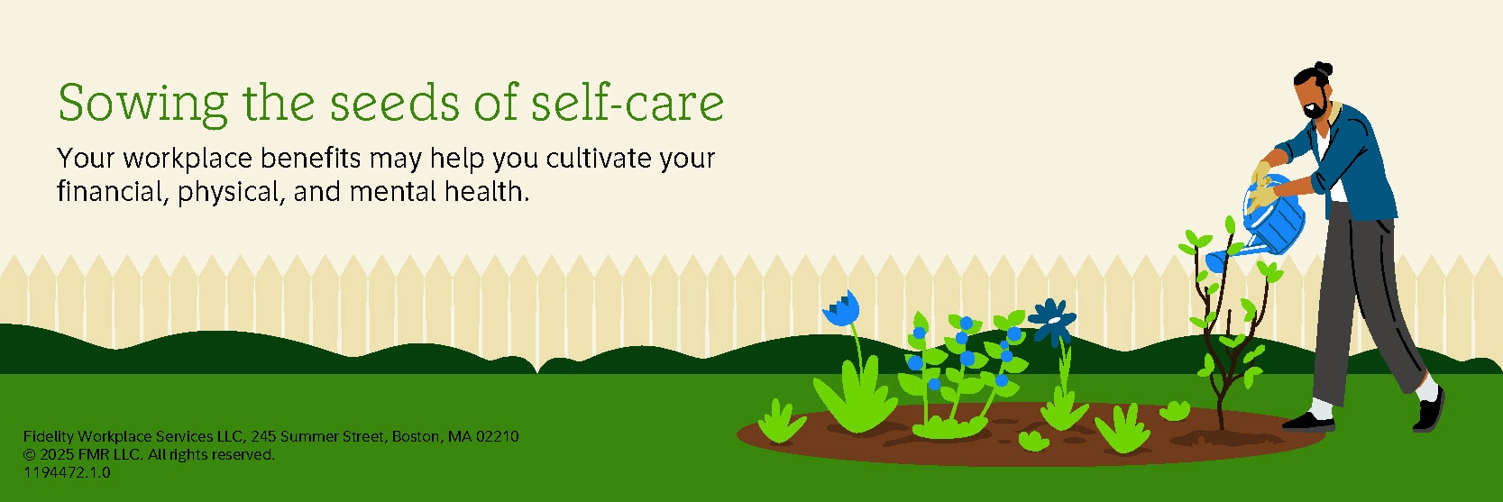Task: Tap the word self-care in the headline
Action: (x=628, y=102)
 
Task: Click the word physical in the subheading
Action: (x=228, y=193)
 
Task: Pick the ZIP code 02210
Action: (x=497, y=437)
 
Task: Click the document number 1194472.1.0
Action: (x=67, y=472)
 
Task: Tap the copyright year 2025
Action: (x=57, y=455)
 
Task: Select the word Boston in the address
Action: (x=417, y=437)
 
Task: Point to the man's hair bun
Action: (x=1322, y=69)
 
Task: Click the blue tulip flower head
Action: (x=841, y=310)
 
